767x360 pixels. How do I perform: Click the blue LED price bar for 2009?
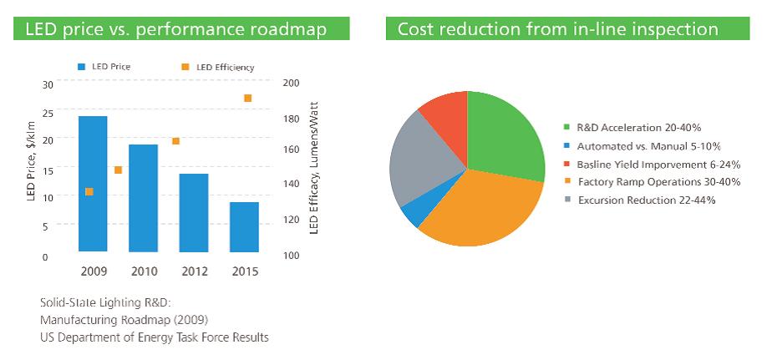click(92, 183)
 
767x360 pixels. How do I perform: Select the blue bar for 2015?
click(244, 226)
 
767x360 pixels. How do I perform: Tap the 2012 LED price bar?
click(193, 212)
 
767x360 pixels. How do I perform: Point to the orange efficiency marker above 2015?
click(247, 99)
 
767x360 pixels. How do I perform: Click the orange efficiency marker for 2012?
click(175, 141)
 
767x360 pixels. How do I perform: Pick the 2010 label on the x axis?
click(143, 271)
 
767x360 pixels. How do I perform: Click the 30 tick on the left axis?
click(47, 84)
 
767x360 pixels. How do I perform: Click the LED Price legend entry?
click(105, 67)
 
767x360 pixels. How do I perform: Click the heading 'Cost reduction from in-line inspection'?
click(557, 29)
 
